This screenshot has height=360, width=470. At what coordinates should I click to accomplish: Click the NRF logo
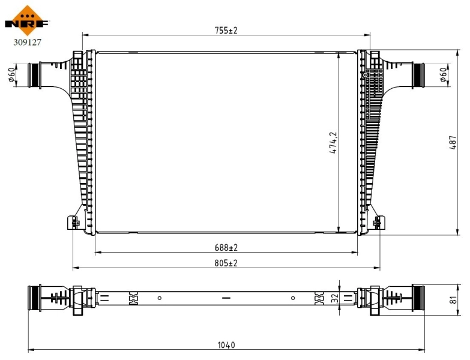click(26, 19)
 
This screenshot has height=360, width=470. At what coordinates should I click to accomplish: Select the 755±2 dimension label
click(226, 30)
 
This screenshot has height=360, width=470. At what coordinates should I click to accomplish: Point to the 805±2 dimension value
click(226, 263)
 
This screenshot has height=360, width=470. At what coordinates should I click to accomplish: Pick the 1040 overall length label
click(226, 345)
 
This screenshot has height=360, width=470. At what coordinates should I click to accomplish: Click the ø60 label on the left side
click(12, 75)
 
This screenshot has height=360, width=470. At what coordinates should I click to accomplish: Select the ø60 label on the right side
click(442, 75)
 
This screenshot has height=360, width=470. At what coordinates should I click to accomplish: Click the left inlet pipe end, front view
click(34, 75)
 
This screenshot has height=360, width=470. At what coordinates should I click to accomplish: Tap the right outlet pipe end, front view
click(418, 75)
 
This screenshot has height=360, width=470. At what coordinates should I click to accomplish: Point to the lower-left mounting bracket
click(73, 223)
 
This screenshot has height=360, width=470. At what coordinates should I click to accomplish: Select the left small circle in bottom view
click(160, 298)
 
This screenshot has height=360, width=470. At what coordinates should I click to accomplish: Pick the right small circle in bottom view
click(293, 298)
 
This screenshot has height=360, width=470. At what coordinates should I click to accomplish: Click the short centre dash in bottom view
click(226, 298)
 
